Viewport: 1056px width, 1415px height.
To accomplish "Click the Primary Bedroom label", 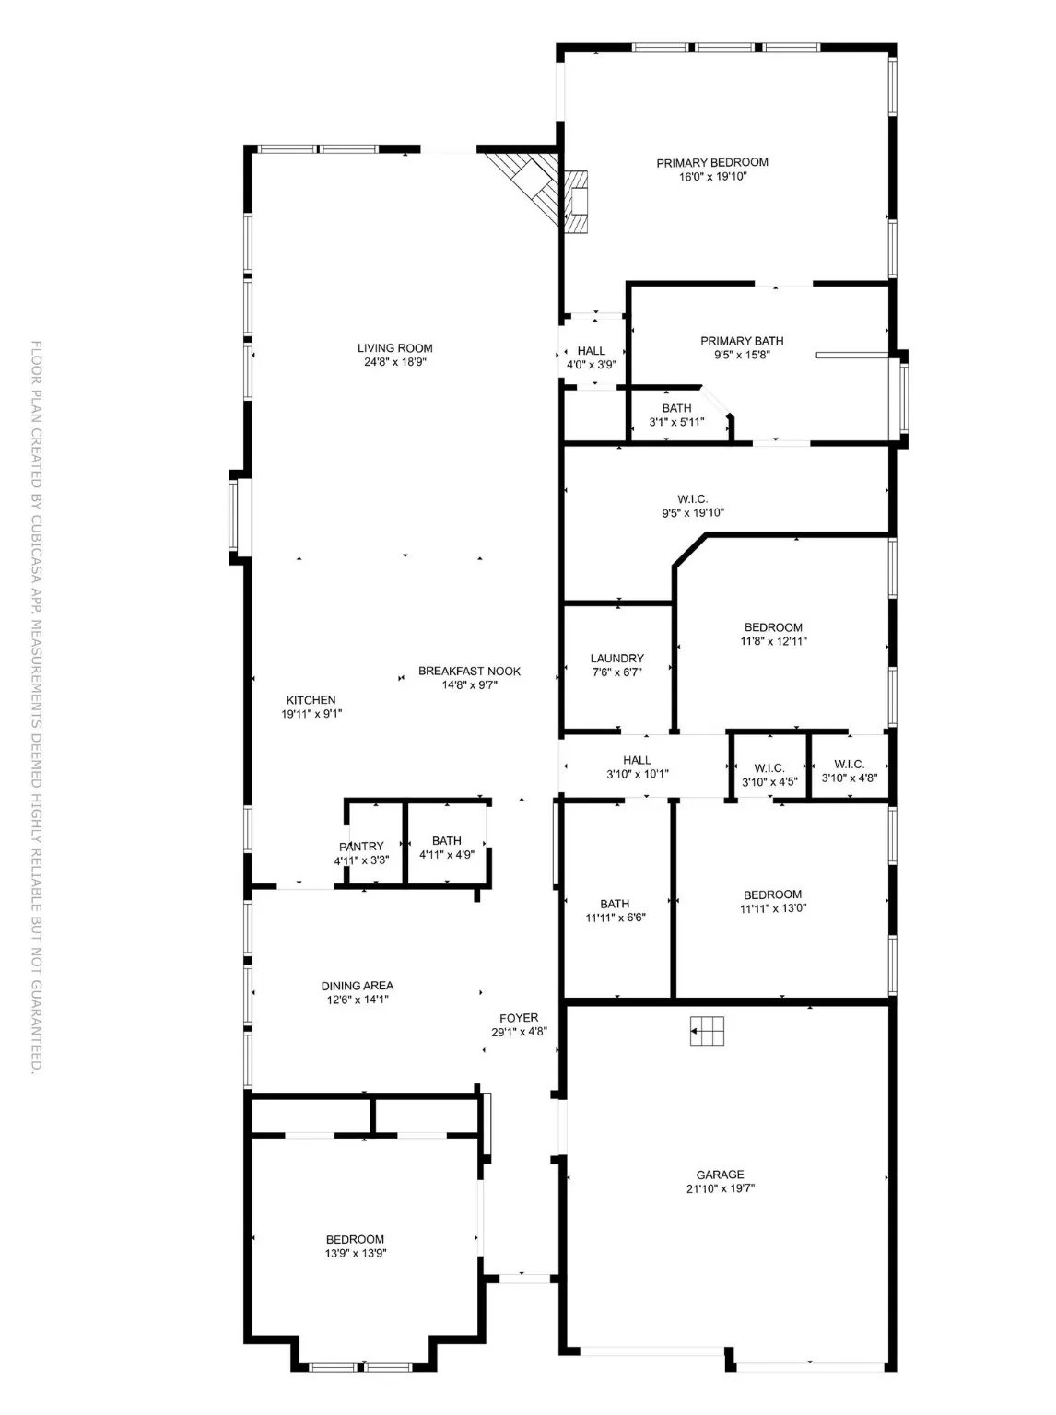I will pos(711,163).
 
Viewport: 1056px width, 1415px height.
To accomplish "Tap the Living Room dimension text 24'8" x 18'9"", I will pos(394,362).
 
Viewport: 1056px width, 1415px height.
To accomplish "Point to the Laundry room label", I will pos(616,659).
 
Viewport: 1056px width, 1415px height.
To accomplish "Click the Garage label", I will pos(720,1175).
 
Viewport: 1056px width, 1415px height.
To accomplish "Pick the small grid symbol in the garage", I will pos(708,1031).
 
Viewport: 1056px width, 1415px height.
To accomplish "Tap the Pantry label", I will pos(361,847).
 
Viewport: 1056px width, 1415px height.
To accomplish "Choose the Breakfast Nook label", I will pos(469,672).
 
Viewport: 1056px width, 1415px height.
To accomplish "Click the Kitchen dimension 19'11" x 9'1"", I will pos(311,714).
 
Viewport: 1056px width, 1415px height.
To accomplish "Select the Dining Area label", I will pos(358,986).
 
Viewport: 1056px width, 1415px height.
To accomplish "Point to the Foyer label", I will pos(519,1018).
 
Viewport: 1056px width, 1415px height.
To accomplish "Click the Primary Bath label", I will pos(742,341).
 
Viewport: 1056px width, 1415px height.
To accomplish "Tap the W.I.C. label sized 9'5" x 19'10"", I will pos(693,499).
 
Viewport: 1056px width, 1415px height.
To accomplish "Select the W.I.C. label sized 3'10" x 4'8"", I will pos(849,764).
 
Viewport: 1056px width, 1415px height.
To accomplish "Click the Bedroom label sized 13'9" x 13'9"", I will pos(355,1239).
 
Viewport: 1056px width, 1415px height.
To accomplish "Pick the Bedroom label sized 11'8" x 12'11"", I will pos(773,627).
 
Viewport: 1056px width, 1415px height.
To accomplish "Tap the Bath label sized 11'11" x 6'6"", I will pos(615,904).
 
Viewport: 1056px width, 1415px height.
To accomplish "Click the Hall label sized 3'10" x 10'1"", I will pos(637,760).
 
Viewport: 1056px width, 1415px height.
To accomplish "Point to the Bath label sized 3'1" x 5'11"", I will pos(676,408).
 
